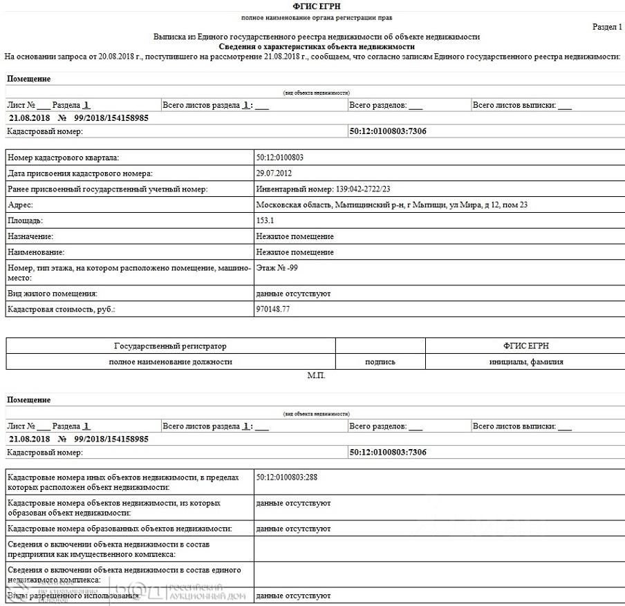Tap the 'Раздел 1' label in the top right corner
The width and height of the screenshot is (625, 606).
[607, 27]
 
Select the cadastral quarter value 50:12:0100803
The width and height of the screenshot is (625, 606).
[279, 158]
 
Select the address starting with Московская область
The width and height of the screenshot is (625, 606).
[392, 205]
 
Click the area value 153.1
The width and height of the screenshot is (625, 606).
[265, 221]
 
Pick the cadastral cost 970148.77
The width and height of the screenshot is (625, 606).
[273, 310]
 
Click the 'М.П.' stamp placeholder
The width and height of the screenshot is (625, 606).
[316, 376]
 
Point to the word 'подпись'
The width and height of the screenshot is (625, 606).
[380, 361]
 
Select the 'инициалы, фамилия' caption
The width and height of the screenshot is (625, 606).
[524, 361]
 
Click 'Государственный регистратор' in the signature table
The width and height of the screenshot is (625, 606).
[170, 345]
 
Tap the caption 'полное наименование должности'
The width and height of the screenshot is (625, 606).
[170, 361]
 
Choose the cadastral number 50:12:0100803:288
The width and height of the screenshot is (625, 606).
[287, 477]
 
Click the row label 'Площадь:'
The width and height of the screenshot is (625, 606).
[25, 221]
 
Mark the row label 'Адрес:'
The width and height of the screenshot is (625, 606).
[20, 205]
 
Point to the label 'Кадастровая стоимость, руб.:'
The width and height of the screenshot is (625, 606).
[61, 310]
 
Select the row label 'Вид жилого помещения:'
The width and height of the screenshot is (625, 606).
[52, 294]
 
